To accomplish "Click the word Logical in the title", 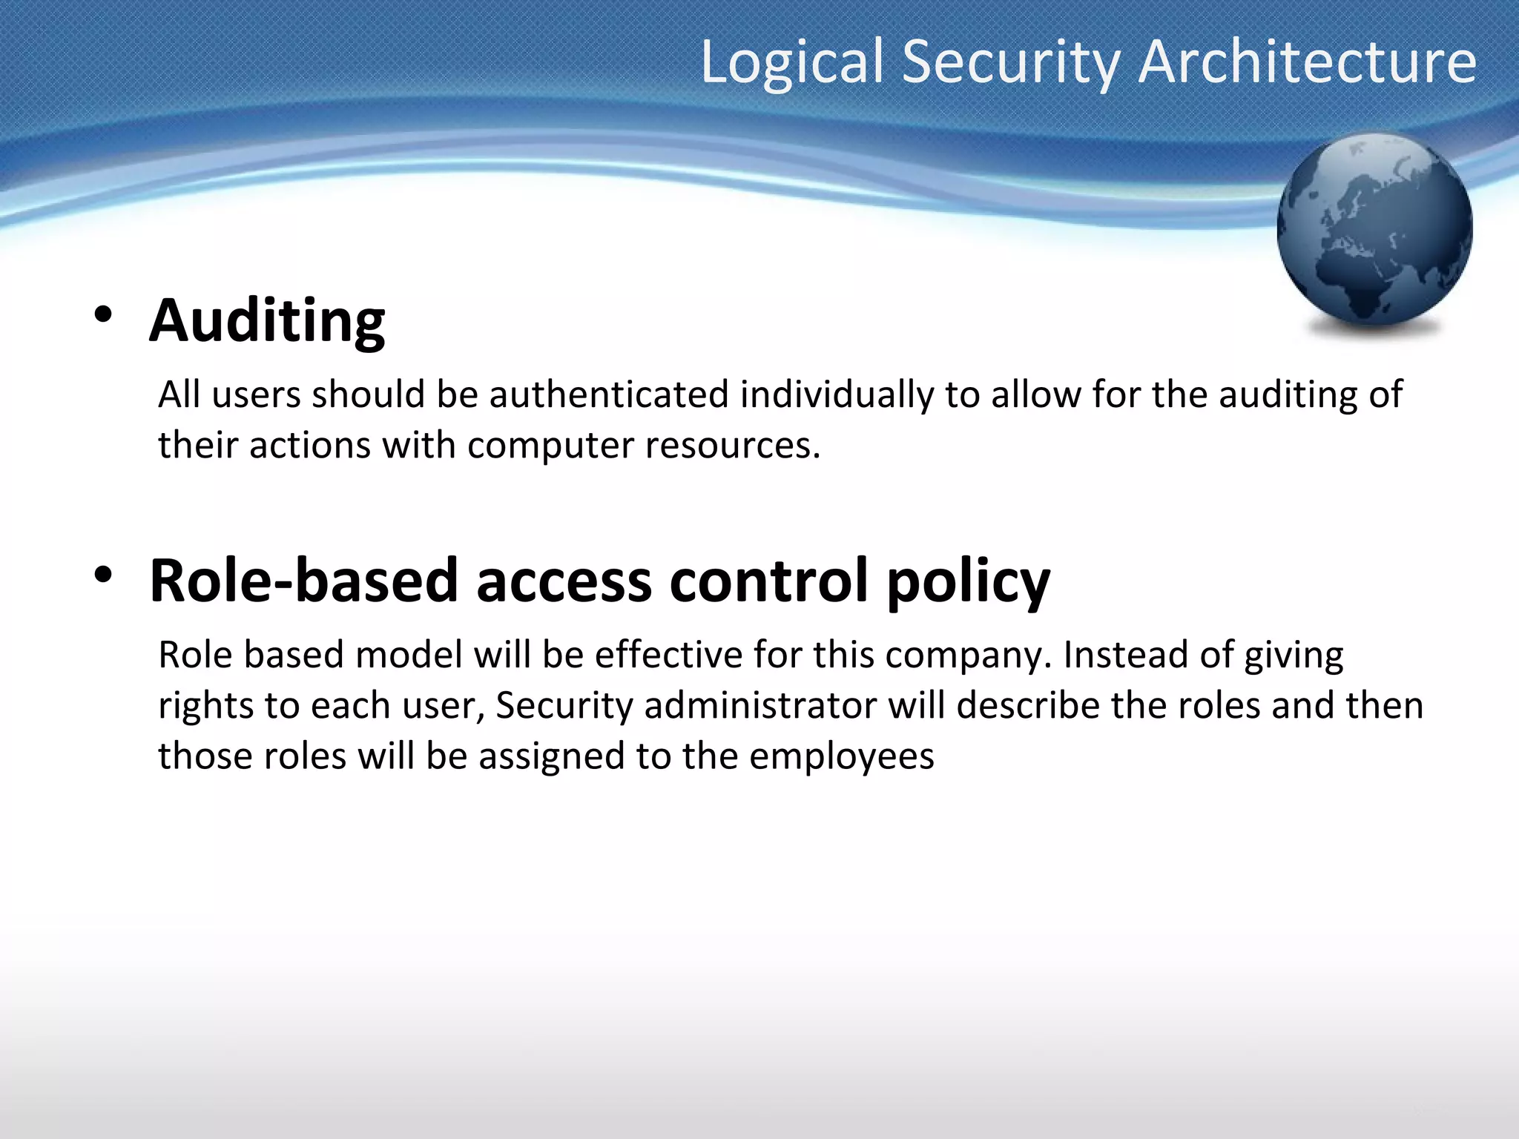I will click(792, 62).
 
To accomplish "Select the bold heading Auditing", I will click(267, 321).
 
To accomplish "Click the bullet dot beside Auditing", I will click(103, 314).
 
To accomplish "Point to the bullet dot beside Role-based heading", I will click(103, 574).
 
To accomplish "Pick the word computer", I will click(550, 445).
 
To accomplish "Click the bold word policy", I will click(968, 581).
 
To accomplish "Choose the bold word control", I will click(769, 580).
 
